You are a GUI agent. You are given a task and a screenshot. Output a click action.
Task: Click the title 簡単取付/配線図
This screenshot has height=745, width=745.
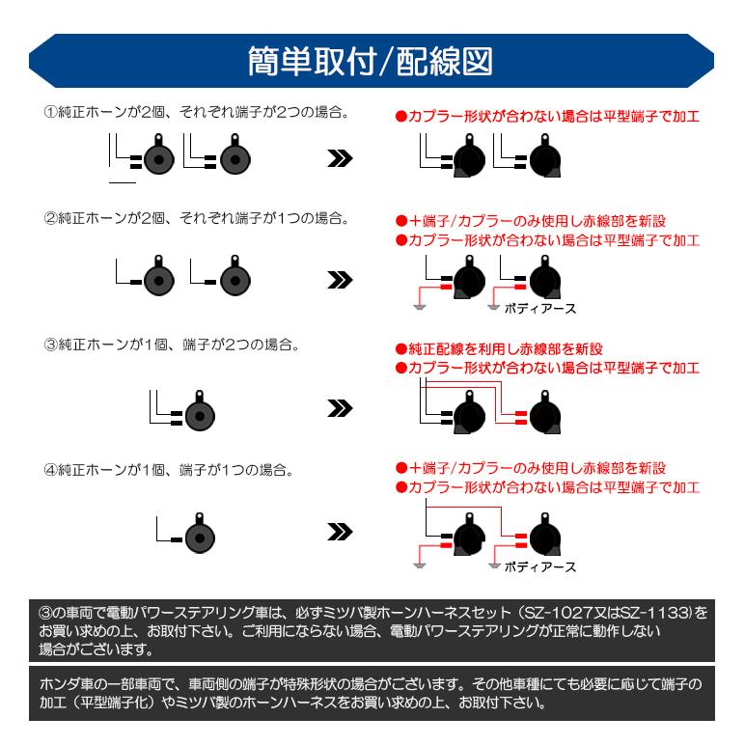click(x=372, y=59)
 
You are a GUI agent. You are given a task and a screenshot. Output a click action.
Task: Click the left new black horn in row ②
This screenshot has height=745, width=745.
click(x=470, y=282)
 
